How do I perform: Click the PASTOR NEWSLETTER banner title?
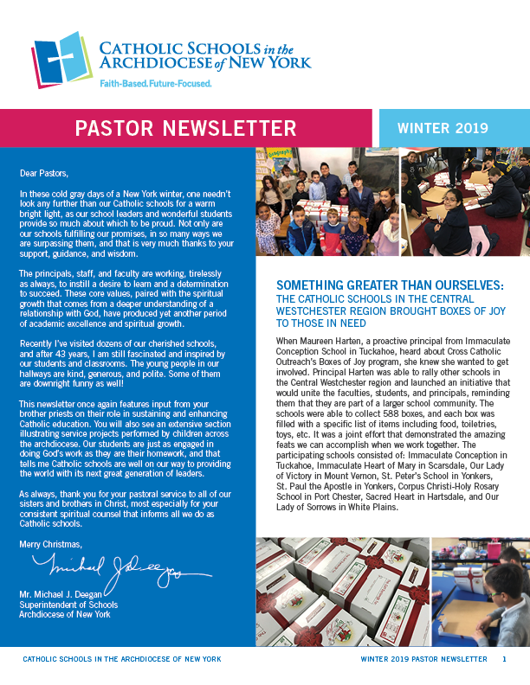coord(185,129)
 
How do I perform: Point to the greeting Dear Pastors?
coord(44,173)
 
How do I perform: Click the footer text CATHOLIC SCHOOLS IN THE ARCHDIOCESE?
coord(104,659)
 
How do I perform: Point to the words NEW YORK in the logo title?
coord(274,63)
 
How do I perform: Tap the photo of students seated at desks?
coord(464,205)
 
